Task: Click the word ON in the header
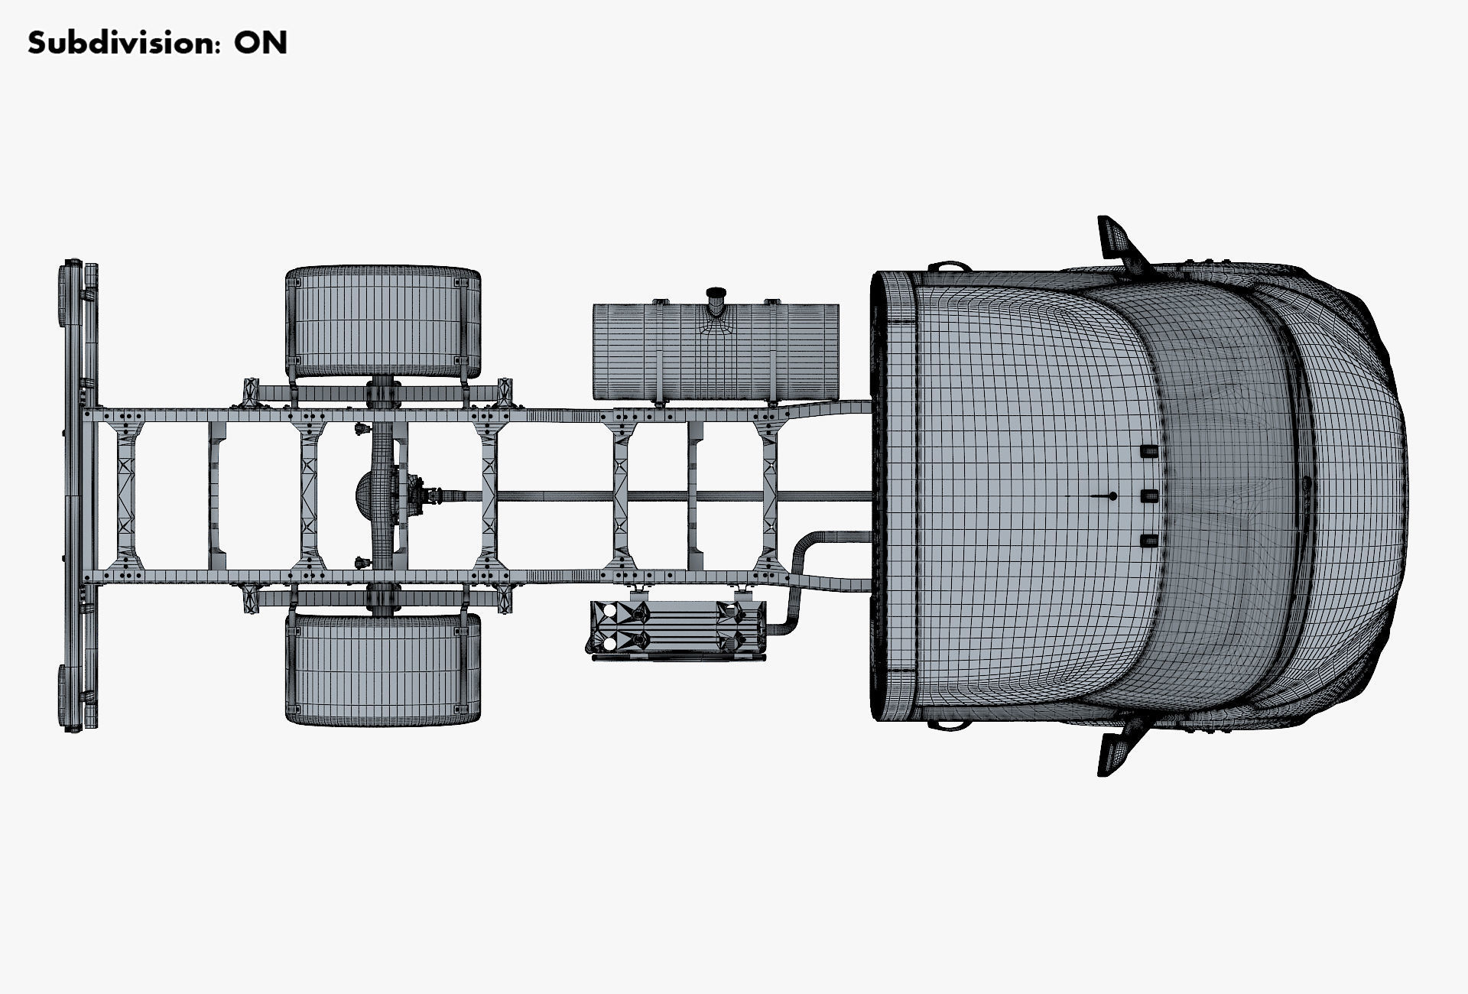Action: (x=261, y=43)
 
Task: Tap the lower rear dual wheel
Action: (x=383, y=669)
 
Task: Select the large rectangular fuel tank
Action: (x=716, y=352)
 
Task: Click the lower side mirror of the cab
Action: (x=1116, y=753)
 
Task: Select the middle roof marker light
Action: (x=1148, y=496)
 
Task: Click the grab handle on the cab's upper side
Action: (x=949, y=267)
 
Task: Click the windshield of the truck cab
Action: (x=1216, y=497)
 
